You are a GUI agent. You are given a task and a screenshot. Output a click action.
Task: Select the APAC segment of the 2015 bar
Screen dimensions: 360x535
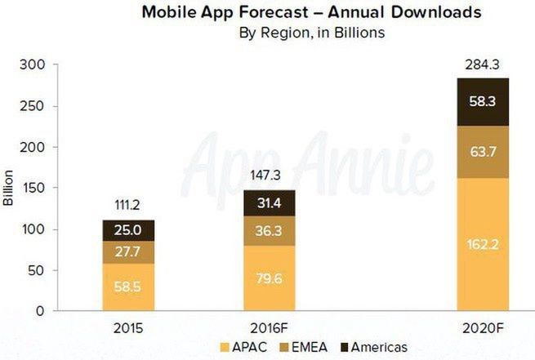click(x=128, y=287)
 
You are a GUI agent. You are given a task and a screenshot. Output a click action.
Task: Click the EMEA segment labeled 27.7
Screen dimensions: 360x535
click(x=128, y=251)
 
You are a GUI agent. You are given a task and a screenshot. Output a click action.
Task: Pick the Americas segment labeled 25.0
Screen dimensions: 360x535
click(x=128, y=230)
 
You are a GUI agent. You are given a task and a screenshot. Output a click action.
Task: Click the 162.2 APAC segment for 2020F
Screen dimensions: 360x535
click(x=484, y=243)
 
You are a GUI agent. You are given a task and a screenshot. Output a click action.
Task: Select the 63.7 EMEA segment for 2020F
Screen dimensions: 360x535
click(x=484, y=151)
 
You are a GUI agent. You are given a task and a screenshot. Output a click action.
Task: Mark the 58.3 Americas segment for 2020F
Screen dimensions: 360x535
click(x=484, y=101)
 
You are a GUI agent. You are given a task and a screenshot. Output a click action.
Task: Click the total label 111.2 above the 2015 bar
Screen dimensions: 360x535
click(x=128, y=205)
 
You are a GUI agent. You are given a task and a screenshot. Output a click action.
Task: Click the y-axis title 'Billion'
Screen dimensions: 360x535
click(x=10, y=188)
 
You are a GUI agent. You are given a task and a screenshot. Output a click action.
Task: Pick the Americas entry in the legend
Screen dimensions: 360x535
click(x=377, y=347)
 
